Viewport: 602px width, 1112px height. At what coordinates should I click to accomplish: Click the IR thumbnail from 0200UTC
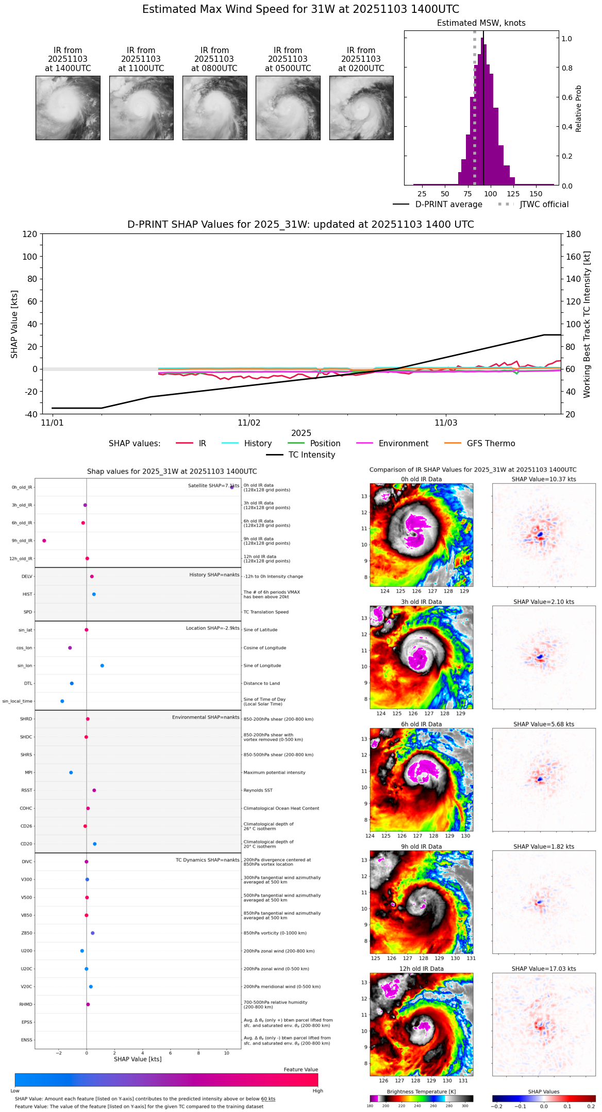[361, 108]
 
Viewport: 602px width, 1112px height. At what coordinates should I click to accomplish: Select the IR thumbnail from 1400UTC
[68, 108]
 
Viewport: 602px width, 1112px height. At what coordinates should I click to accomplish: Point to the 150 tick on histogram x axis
[536, 194]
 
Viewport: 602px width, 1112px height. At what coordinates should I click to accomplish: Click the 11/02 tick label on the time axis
[249, 423]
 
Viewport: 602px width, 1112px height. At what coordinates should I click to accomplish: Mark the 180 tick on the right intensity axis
[574, 234]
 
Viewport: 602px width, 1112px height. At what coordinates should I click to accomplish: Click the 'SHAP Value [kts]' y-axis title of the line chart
[14, 324]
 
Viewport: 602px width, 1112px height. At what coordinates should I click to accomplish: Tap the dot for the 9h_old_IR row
[44, 541]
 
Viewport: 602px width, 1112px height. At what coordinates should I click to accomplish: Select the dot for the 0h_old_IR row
[232, 487]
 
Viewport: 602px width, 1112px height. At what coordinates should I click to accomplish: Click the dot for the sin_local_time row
[62, 701]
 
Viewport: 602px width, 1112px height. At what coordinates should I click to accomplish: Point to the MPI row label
[28, 772]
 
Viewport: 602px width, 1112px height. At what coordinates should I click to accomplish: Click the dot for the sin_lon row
[102, 666]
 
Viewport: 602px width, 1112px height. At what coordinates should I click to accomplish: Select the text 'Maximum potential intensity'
[274, 772]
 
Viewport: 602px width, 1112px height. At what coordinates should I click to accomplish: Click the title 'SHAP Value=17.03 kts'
[544, 969]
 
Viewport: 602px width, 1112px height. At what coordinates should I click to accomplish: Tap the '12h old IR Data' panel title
[421, 969]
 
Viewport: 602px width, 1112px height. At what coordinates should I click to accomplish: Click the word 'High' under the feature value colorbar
[317, 1090]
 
